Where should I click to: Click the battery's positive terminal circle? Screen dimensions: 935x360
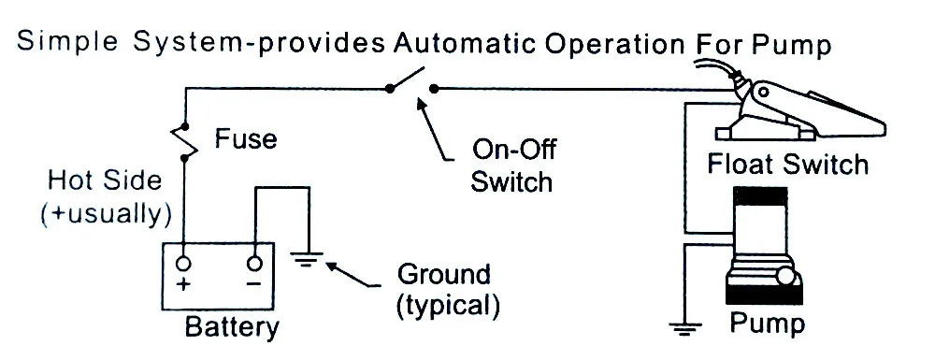[183, 264]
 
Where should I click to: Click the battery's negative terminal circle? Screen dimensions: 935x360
[254, 264]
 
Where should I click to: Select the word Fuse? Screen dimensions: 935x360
[246, 139]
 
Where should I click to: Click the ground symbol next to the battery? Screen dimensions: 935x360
[307, 260]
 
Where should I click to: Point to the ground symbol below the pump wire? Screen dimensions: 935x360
[685, 328]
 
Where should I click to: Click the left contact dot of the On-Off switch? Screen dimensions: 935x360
[389, 89]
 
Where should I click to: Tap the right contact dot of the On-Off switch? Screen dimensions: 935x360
[434, 89]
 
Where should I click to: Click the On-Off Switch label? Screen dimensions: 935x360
[512, 166]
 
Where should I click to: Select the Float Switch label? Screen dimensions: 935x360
[787, 164]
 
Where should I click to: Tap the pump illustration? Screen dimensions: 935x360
[764, 246]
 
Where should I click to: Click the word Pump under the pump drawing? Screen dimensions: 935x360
[768, 324]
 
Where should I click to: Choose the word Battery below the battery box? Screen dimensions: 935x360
[231, 327]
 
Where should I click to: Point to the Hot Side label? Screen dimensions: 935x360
[105, 180]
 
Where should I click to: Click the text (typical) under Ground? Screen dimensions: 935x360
[448, 305]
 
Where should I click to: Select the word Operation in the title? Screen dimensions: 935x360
[615, 45]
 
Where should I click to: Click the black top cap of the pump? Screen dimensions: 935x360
[760, 196]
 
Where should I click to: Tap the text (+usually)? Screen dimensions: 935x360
[107, 213]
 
